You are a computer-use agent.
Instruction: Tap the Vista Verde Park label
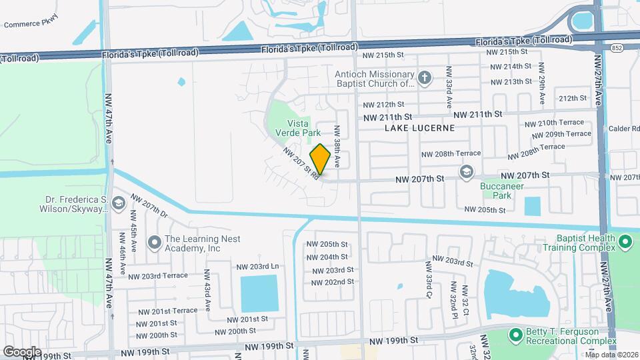click(295, 127)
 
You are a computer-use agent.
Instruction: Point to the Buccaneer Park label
click(496, 191)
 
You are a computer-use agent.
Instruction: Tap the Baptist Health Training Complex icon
click(625, 241)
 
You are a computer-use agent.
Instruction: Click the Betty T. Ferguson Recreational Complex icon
click(514, 333)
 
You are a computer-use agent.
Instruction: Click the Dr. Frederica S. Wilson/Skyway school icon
click(119, 203)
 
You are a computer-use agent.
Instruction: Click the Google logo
click(22, 351)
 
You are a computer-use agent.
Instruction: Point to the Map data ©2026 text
click(611, 355)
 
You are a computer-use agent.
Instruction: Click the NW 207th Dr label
click(149, 206)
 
